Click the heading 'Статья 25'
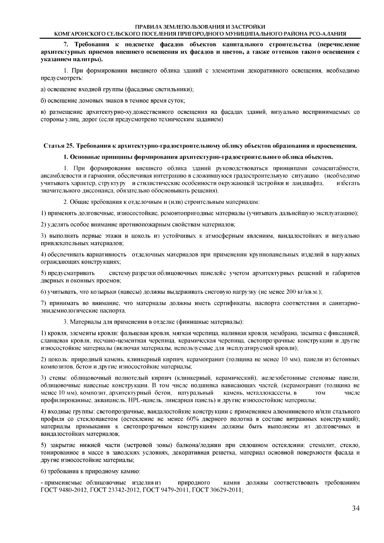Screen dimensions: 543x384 tap(55, 146)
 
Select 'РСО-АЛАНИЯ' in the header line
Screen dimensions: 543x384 tap(329, 34)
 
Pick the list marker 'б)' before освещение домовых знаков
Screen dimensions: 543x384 tap(44, 101)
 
